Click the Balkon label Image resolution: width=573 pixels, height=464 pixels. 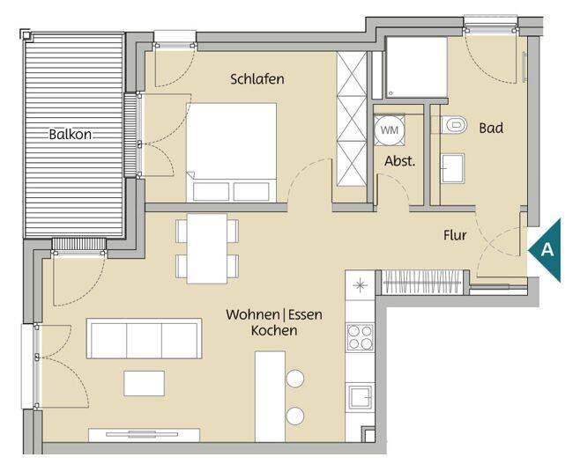71,135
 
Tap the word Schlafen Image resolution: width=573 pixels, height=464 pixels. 257,79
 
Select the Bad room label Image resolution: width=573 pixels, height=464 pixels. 491,129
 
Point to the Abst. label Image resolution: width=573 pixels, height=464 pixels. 400,161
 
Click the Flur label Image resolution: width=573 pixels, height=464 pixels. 455,235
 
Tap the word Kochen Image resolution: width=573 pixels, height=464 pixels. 274,330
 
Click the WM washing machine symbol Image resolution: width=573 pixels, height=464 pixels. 390,130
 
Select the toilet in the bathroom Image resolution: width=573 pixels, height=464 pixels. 453,125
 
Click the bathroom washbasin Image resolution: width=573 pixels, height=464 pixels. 452,168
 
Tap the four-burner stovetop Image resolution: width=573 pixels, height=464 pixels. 360,337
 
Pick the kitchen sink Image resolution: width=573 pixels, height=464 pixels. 361,397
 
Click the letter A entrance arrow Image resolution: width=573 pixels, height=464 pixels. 545,250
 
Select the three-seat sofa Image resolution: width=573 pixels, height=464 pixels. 144,338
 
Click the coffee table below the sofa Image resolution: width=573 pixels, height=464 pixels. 144,383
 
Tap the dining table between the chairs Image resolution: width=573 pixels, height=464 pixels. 207,248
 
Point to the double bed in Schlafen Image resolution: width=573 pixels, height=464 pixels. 231,152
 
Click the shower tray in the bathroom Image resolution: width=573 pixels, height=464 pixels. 417,68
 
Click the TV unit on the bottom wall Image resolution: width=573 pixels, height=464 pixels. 144,435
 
